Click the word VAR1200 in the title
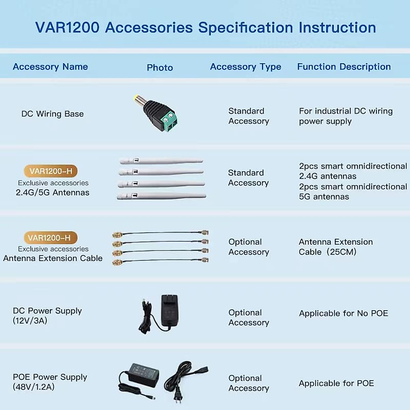67,28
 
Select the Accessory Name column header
50,67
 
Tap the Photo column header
160,68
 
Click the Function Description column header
344,67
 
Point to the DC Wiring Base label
52,114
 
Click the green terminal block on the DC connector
169,121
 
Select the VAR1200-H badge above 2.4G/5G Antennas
51,171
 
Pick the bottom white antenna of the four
161,196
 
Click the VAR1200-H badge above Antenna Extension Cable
51,238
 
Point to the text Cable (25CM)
327,252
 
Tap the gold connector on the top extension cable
118,235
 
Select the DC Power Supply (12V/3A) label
47,316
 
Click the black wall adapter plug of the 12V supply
169,311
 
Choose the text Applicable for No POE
343,313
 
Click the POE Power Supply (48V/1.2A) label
50,382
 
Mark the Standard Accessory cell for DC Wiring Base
248,116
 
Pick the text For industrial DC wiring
345,111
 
